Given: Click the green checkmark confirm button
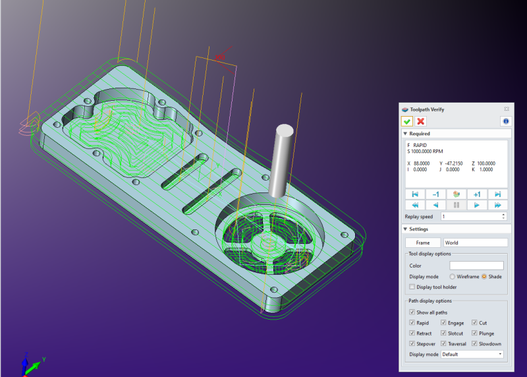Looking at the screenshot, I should click(407, 121).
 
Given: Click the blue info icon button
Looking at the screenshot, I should click(505, 121).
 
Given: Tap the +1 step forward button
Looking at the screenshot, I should click(477, 194).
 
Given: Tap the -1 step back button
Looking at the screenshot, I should click(435, 194).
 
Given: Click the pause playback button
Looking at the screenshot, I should click(457, 205).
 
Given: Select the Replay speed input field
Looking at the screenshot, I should click(473, 216).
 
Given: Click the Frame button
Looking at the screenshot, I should click(422, 243).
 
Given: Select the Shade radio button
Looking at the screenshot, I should click(484, 277).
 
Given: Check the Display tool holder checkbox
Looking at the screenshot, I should click(412, 287).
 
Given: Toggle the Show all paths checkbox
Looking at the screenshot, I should click(412, 312).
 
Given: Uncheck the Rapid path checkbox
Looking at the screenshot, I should click(412, 323).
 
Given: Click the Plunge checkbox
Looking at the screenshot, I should click(475, 333).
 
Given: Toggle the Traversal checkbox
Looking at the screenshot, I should click(443, 344).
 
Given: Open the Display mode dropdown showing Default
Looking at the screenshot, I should click(472, 355).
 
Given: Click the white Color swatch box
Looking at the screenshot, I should click(476, 266).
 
